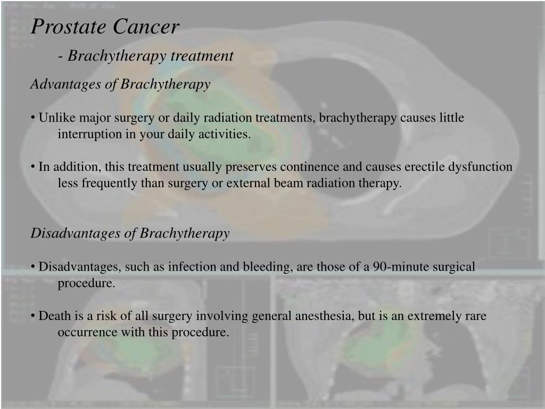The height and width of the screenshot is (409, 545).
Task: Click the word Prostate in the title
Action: [x=67, y=27]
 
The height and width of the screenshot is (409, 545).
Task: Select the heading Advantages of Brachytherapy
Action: [x=120, y=84]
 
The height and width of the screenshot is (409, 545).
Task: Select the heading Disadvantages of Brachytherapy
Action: [x=130, y=233]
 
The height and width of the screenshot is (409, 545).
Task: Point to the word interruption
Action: [x=90, y=134]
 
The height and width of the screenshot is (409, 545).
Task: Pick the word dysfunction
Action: [x=480, y=167]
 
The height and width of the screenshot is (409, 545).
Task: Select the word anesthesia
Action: [x=323, y=316]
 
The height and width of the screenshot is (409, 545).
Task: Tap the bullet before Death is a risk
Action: [x=33, y=316]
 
